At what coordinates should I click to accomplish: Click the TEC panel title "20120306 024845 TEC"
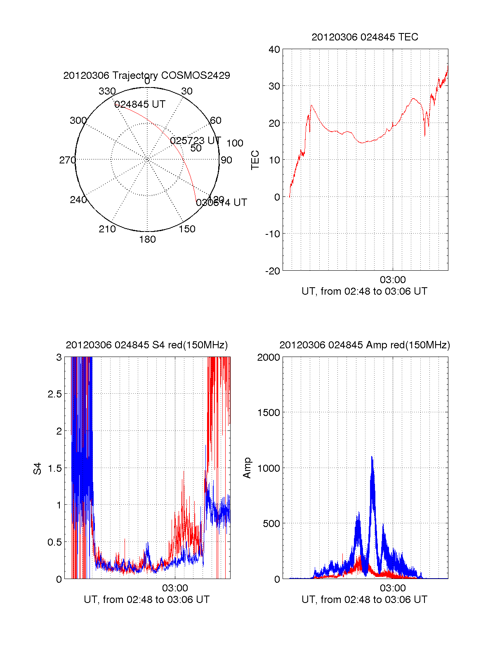[x=365, y=37]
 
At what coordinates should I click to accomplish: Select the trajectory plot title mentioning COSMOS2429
[x=146, y=76]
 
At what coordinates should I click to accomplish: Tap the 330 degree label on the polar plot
[x=107, y=91]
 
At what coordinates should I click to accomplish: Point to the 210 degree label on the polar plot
[x=107, y=229]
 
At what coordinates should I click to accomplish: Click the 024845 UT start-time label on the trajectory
[x=140, y=104]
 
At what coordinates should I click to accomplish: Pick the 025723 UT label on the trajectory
[x=195, y=141]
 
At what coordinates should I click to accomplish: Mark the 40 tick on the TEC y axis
[x=274, y=50]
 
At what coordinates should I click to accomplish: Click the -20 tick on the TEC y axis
[x=273, y=271]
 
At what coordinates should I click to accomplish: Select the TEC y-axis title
[x=255, y=160]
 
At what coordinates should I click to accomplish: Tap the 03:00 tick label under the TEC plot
[x=393, y=280]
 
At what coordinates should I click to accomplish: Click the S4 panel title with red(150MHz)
[x=146, y=345]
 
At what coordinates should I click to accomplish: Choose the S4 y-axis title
[x=38, y=468]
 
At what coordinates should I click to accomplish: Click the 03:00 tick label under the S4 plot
[x=175, y=588]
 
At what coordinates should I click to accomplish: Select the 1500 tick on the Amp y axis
[x=269, y=413]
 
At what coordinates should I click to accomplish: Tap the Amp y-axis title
[x=247, y=468]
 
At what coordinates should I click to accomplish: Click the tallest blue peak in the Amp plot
[x=372, y=457]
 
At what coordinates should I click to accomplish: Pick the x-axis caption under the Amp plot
[x=364, y=600]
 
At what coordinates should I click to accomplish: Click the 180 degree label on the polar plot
[x=147, y=239]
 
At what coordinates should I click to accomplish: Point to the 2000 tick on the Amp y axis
[x=269, y=357]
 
